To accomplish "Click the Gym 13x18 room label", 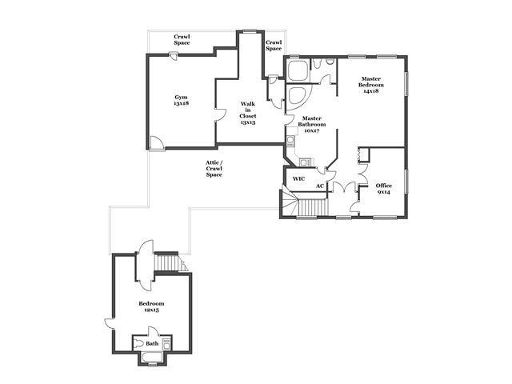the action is [x=182, y=100].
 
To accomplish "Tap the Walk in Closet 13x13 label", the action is [x=248, y=113].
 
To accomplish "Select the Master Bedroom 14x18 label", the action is [x=371, y=85].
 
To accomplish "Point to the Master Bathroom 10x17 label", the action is [x=311, y=125].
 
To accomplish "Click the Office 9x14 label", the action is [x=384, y=189].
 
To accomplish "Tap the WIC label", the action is [x=298, y=178].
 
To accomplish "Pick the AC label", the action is [x=320, y=186].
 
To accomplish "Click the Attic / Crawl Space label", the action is [x=214, y=169].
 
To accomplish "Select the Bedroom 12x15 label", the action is [x=151, y=306].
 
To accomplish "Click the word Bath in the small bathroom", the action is [x=152, y=343].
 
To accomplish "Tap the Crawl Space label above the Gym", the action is [x=182, y=39].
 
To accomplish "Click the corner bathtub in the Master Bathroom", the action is [x=297, y=96].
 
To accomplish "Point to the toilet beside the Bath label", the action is [x=139, y=343].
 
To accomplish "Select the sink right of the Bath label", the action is [x=166, y=344].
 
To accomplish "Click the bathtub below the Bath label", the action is [x=152, y=357].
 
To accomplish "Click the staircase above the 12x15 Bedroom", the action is [x=169, y=262].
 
